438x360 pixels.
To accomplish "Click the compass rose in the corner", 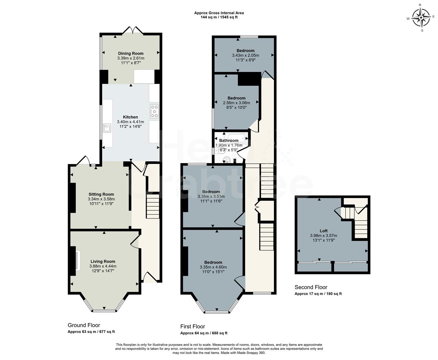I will pyautogui.click(x=421, y=17).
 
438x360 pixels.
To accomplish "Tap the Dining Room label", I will pyautogui.click(x=131, y=53).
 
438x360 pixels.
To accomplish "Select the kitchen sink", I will pyautogui.click(x=107, y=128).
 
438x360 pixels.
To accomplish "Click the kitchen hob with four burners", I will pyautogui.click(x=154, y=111).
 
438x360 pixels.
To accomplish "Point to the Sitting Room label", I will pyautogui.click(x=101, y=194).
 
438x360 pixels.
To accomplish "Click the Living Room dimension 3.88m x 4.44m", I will pyautogui.click(x=103, y=266).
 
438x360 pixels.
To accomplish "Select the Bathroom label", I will pyautogui.click(x=229, y=141).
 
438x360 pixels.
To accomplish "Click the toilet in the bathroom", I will pyautogui.click(x=227, y=160).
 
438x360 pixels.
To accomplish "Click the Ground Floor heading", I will pyautogui.click(x=84, y=325).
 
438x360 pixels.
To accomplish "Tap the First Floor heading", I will pyautogui.click(x=193, y=327).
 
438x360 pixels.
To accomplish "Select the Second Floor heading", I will pyautogui.click(x=311, y=287).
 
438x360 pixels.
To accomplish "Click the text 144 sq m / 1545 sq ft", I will pyautogui.click(x=219, y=17).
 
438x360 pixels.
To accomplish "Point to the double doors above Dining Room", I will pyautogui.click(x=133, y=31).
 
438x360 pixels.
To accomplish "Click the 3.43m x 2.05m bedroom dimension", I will pyautogui.click(x=245, y=55).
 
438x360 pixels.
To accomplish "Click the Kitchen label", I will pyautogui.click(x=130, y=117).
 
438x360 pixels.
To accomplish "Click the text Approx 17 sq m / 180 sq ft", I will pyautogui.click(x=318, y=294).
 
